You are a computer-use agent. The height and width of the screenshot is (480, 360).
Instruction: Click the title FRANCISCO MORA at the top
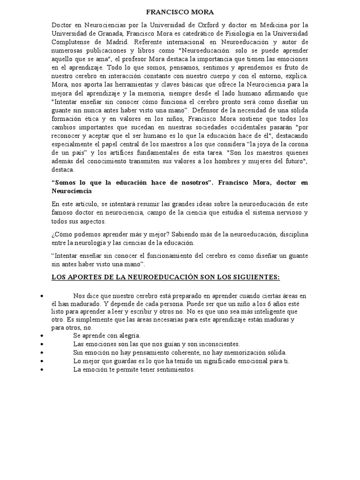point(180,12)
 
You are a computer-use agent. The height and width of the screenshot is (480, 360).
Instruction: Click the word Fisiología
point(227,34)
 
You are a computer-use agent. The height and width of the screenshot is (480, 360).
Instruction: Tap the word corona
point(297,143)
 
